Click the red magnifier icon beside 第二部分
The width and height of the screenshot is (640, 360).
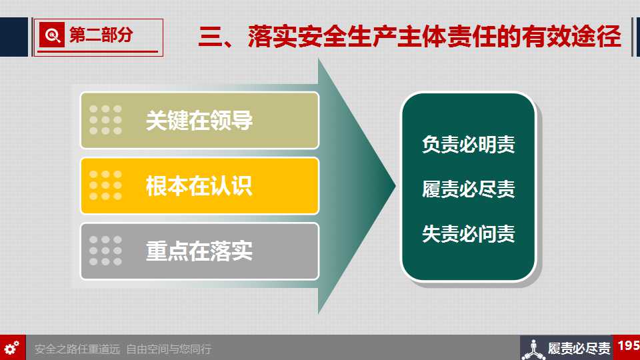click(x=52, y=35)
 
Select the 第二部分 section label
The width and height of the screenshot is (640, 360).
click(x=101, y=35)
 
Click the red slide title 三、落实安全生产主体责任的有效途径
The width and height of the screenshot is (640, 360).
click(x=410, y=37)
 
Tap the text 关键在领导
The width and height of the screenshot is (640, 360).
click(x=199, y=121)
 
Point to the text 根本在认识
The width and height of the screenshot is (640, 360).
click(x=199, y=186)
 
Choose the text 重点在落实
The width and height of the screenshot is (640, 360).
click(x=199, y=251)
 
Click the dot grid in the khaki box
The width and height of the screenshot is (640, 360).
click(x=105, y=120)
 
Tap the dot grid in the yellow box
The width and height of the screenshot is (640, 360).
click(x=105, y=185)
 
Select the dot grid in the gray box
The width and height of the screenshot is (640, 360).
click(x=105, y=251)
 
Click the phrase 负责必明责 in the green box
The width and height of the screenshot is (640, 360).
click(x=469, y=145)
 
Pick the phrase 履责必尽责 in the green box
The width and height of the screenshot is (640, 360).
click(x=469, y=189)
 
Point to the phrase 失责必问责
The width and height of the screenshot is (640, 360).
click(x=469, y=234)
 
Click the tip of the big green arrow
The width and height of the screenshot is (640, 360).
click(x=395, y=186)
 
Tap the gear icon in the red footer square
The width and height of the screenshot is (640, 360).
click(x=12, y=348)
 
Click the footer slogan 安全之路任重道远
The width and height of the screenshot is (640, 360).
click(x=77, y=349)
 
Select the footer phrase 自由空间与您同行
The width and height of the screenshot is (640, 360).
click(x=169, y=349)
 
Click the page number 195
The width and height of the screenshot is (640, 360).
click(x=629, y=346)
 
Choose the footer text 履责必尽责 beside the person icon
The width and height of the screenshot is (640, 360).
click(x=579, y=349)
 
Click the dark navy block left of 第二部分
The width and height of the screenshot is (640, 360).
click(x=14, y=37)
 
